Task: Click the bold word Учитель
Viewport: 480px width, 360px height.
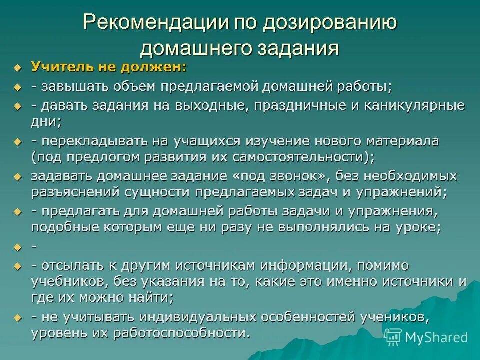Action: [62, 67]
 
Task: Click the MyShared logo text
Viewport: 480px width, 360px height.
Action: [436, 337]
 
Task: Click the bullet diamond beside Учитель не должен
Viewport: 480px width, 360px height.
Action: [18, 68]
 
